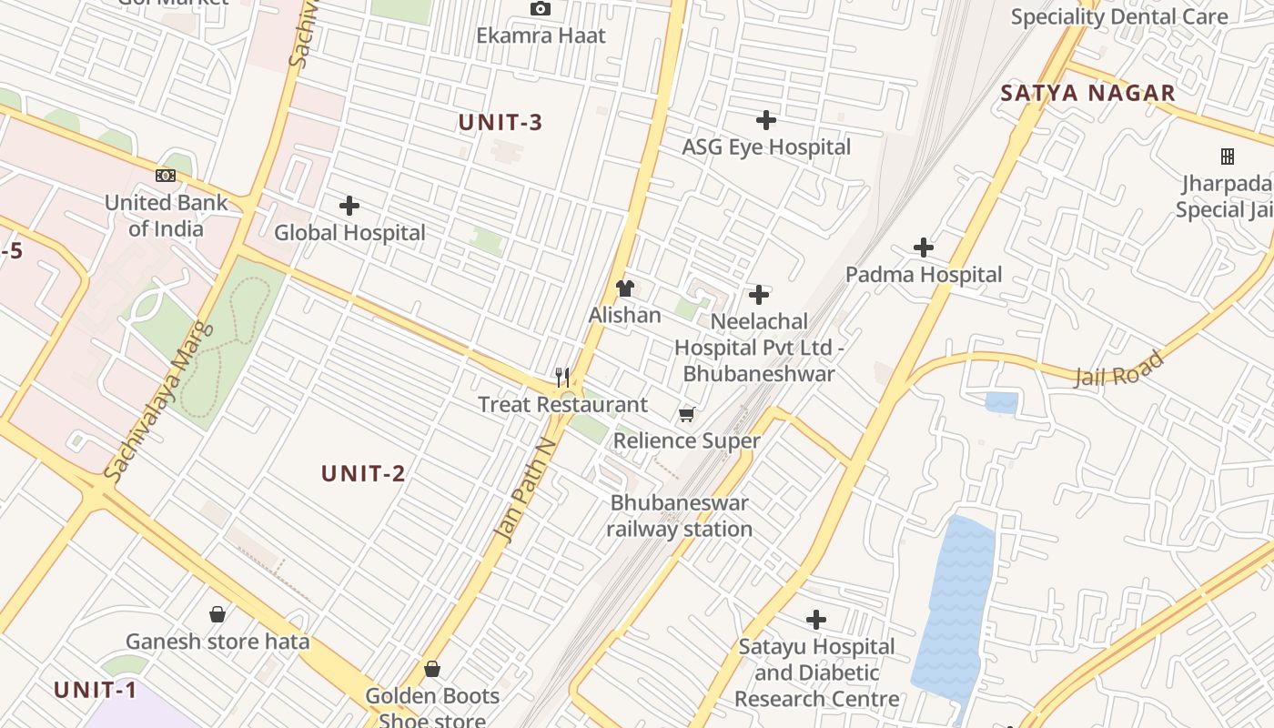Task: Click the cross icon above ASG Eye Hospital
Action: coord(766,119)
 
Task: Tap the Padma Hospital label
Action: coord(923,274)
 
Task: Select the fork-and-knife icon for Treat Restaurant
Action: coord(562,377)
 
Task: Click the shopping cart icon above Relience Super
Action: coord(687,415)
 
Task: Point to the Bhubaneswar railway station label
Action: coord(679,515)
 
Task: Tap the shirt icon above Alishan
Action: coord(624,288)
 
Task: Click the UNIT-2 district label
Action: coord(363,473)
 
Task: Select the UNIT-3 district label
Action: coord(500,123)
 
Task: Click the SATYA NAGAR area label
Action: coord(1087,93)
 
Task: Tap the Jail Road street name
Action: coord(1118,369)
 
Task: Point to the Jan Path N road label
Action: coord(524,490)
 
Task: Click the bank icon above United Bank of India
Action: coord(166,176)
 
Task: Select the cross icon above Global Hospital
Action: coord(349,206)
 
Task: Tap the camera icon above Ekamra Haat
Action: coord(541,9)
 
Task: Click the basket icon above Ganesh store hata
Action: coord(217,614)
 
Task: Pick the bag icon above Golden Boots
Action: coord(432,669)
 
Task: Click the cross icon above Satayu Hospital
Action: coord(816,620)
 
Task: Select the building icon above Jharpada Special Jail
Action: coord(1227,157)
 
